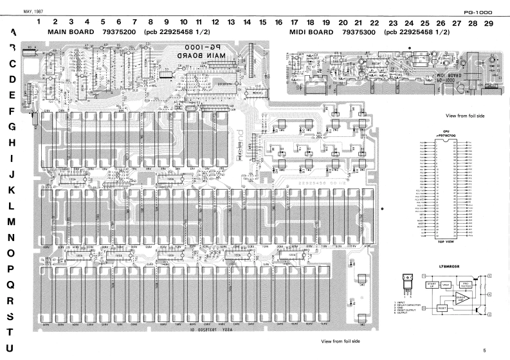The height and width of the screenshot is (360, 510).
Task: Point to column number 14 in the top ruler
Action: pos(247,22)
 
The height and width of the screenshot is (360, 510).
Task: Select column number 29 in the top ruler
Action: pos(488,22)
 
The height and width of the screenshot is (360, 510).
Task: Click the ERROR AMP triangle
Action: pos(459,298)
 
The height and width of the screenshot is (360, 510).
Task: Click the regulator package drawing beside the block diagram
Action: pos(405,284)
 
